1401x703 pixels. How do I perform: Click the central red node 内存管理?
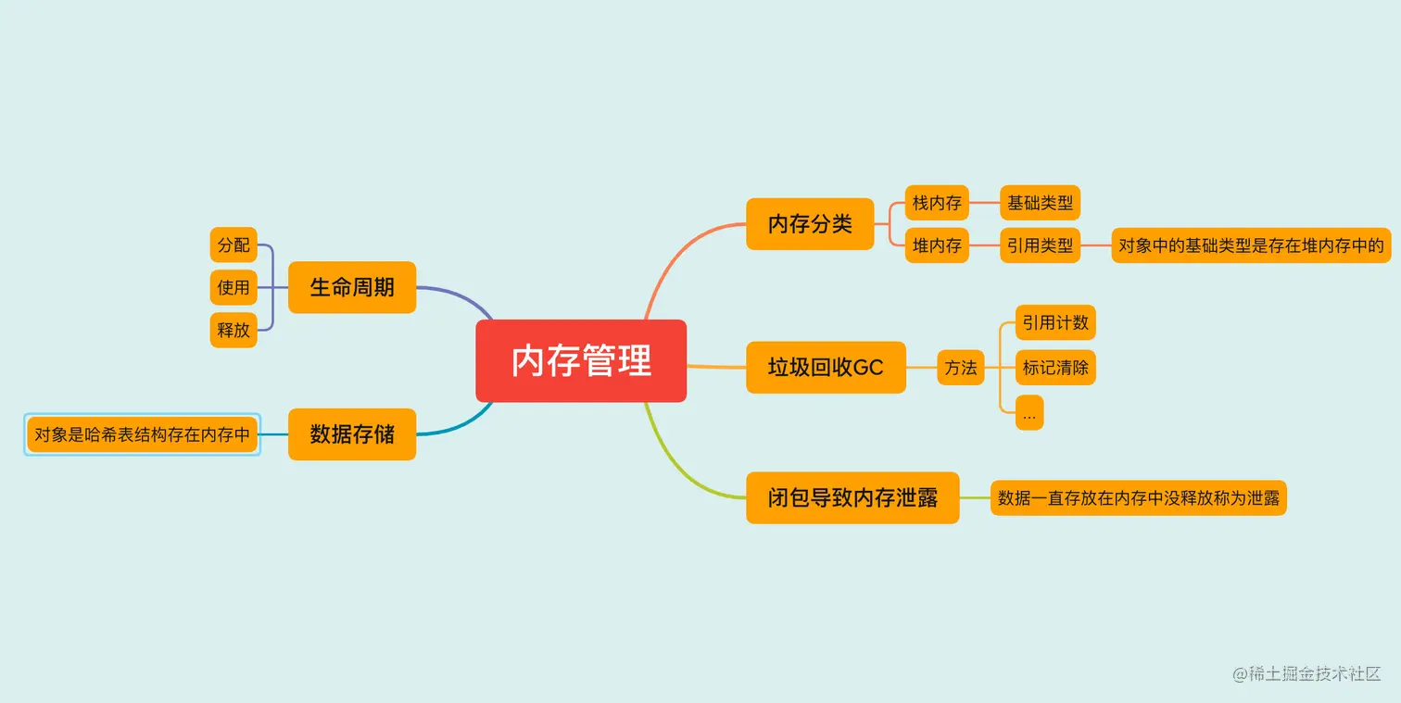pos(581,360)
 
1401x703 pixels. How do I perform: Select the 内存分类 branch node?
pos(810,224)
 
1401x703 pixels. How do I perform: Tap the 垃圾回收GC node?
pos(826,368)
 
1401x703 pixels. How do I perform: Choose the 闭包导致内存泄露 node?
pos(852,498)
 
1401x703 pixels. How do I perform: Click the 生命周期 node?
pos(352,287)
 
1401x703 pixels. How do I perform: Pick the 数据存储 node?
pos(352,433)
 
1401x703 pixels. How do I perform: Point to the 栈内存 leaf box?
pos(937,203)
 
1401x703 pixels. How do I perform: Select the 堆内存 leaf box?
pos(937,245)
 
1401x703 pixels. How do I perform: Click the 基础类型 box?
pos(1040,203)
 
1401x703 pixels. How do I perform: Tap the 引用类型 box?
pos(1040,245)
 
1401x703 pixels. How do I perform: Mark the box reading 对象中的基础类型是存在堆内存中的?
pos(1251,245)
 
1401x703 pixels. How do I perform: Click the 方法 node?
pos(961,368)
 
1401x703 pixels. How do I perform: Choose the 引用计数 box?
pos(1055,322)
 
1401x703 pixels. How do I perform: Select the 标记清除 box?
pos(1055,368)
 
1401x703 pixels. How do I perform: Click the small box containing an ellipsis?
pos(1029,413)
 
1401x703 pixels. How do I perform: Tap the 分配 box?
pos(233,245)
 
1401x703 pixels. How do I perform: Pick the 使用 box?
pos(233,287)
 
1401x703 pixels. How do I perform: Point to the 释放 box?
pos(233,330)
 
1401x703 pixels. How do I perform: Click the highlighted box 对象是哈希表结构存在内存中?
pos(142,434)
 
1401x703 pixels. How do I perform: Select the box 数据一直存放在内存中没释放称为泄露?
pos(1138,498)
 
